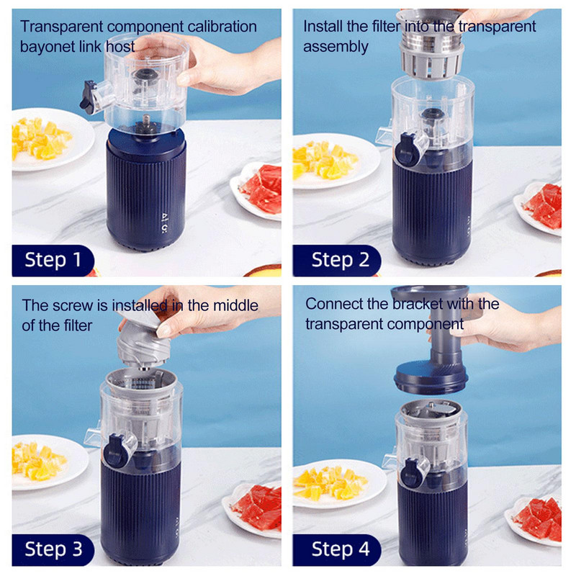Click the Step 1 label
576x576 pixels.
tap(53, 260)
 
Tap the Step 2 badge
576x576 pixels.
tap(337, 260)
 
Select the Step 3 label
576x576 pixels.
tap(53, 549)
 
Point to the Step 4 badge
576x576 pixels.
tap(337, 549)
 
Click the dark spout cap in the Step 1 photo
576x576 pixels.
tap(87, 97)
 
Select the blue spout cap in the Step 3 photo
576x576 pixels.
tap(116, 451)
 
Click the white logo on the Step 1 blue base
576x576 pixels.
tap(165, 222)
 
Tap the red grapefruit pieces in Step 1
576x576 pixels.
tap(261, 189)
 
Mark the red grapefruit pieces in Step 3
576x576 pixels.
tap(258, 507)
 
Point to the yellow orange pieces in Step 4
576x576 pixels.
tap(330, 482)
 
